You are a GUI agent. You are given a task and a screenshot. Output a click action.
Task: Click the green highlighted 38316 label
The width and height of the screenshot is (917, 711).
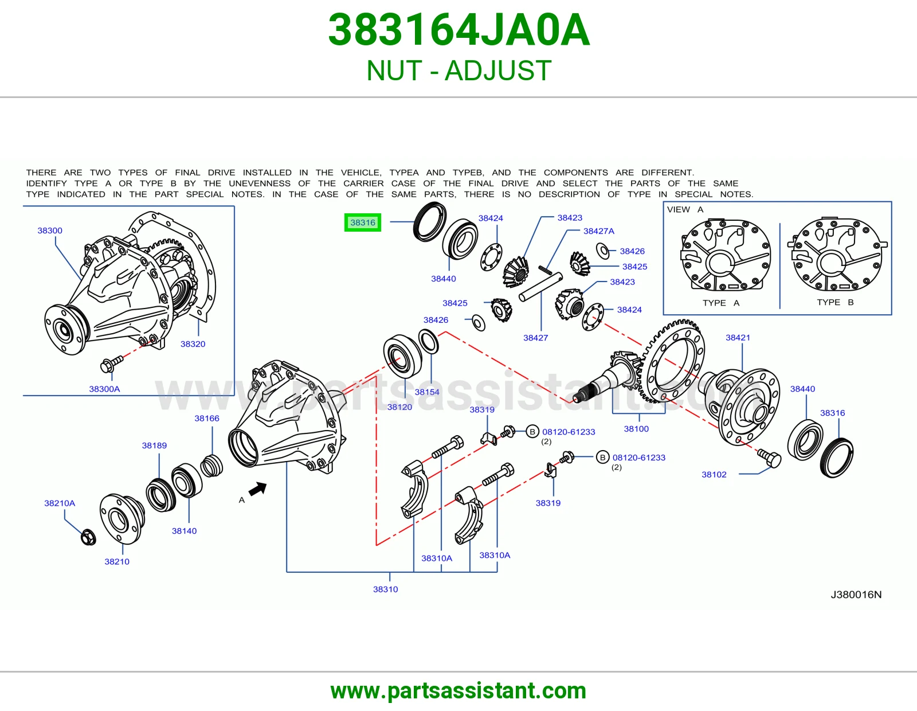coord(362,222)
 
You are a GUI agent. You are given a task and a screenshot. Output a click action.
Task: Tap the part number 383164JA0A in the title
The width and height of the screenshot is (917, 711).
coord(458,30)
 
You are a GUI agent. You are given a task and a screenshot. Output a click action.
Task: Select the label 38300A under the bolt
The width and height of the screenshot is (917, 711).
coord(104,389)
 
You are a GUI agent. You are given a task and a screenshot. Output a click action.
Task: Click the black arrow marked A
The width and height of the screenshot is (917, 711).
coord(258,489)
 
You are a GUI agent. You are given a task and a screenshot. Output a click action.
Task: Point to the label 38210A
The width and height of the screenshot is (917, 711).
coord(60,503)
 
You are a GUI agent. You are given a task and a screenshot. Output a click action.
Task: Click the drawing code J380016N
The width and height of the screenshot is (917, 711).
coord(856,595)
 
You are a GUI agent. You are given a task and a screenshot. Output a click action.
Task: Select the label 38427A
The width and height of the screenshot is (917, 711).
coord(599,231)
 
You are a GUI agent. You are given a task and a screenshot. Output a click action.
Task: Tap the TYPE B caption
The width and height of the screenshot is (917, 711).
coord(835,302)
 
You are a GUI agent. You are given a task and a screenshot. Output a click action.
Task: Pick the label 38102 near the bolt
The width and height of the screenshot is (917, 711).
coord(714,475)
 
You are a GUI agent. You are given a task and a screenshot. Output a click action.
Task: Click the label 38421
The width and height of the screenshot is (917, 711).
coord(738,337)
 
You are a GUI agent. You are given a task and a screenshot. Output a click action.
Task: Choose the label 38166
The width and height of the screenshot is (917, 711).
coord(207,419)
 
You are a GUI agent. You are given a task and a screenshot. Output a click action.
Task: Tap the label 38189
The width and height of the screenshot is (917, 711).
coord(154,446)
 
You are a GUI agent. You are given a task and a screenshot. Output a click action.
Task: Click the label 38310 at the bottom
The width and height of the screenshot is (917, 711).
coord(385,589)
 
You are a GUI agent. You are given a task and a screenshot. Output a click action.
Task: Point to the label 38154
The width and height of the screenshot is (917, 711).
coord(427,392)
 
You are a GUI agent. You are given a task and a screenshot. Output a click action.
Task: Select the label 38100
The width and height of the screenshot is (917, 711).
coord(636,428)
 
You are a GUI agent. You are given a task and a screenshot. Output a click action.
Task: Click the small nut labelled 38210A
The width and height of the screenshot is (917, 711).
coord(88,537)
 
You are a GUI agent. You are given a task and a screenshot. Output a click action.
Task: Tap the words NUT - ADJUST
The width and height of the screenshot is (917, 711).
coord(458,71)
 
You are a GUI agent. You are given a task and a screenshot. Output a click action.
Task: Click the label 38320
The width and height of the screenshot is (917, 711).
coord(193,344)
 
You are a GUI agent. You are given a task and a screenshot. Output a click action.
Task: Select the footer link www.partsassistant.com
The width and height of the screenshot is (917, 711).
coord(458,691)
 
